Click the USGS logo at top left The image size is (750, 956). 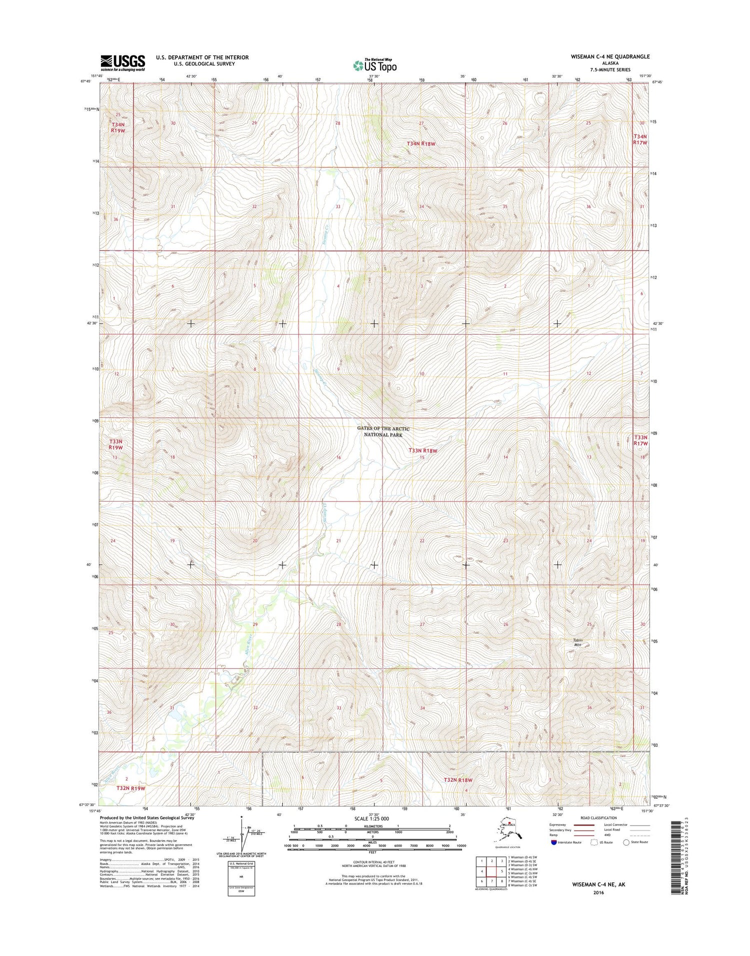click(122, 63)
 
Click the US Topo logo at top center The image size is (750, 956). click(375, 65)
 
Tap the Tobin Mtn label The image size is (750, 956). click(578, 642)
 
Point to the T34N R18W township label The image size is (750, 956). click(421, 143)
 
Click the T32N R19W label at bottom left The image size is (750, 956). click(130, 788)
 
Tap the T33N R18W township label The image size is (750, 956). click(423, 450)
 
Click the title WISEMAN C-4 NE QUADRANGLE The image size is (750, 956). click(610, 56)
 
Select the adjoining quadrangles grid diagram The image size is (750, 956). click(491, 871)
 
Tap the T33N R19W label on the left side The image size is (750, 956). click(115, 444)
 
